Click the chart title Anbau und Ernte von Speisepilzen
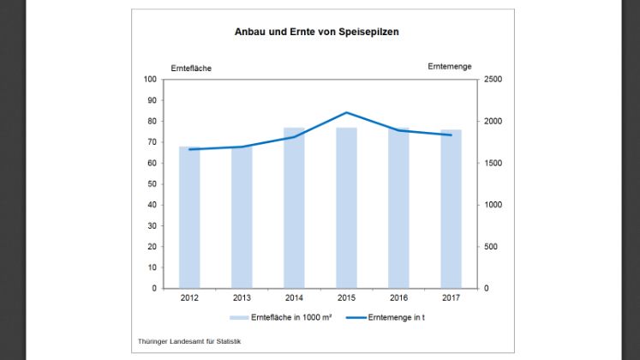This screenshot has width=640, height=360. pyautogui.click(x=317, y=32)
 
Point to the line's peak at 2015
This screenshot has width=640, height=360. pyautogui.click(x=346, y=112)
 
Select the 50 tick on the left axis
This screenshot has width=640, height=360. pyautogui.click(x=152, y=184)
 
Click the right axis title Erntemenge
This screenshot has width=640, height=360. pyautogui.click(x=449, y=66)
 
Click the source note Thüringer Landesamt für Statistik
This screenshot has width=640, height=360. pyautogui.click(x=189, y=341)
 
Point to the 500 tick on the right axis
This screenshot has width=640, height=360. pyautogui.click(x=495, y=247)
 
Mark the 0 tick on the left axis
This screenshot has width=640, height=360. pyautogui.click(x=154, y=289)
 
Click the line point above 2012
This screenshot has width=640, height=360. pyautogui.click(x=189, y=149)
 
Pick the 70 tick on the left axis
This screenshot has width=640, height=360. pyautogui.click(x=152, y=142)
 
